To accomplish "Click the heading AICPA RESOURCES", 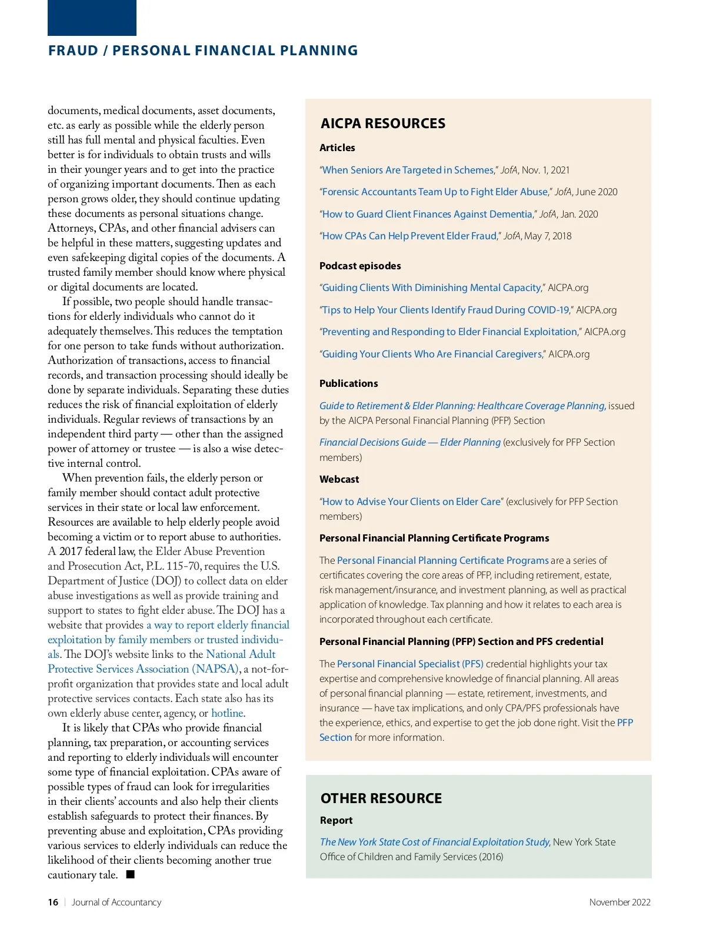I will (383, 123).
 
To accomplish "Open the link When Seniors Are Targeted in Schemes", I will (408, 170).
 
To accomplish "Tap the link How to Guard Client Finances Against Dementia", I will (427, 214).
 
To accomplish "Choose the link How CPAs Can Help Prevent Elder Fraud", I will (409, 236).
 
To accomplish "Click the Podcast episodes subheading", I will (360, 266).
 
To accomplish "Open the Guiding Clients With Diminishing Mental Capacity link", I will (431, 288).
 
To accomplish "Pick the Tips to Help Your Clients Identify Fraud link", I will (445, 310).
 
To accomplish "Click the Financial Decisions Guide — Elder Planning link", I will (410, 442).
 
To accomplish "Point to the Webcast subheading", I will (339, 479).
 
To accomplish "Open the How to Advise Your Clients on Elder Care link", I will (411, 502).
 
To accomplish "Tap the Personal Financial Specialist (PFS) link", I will (410, 664).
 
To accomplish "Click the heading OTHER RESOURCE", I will (381, 798).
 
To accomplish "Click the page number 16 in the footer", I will (53, 902).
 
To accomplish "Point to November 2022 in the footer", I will (620, 902).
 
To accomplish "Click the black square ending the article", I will (131, 874).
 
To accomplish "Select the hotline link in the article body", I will (227, 713).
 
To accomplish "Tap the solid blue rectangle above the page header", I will (92, 18).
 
